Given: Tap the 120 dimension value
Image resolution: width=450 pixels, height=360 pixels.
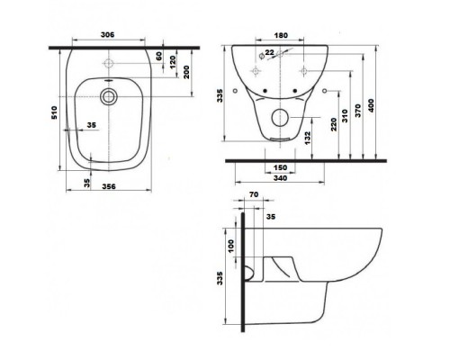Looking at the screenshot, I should [x=173, y=68].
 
